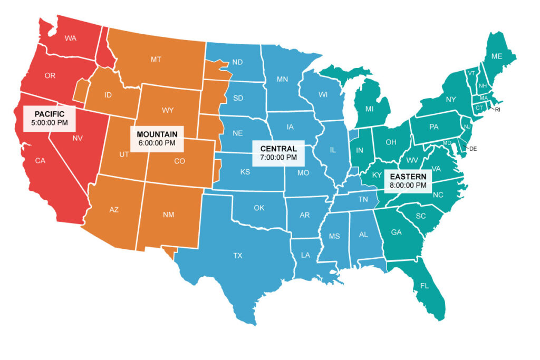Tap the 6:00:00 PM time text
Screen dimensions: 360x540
(157, 142)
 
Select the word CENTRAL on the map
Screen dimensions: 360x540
(278, 149)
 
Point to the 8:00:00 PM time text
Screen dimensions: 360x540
(408, 185)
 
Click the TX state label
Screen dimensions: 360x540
(238, 256)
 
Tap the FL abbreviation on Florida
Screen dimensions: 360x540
(425, 286)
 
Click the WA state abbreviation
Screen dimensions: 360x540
(71, 38)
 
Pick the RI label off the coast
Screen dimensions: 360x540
(497, 109)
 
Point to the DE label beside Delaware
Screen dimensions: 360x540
(473, 149)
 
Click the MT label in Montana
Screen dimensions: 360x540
(156, 60)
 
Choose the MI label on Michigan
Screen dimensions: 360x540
(371, 109)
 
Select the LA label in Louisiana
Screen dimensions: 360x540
(305, 255)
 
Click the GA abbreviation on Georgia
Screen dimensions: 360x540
(396, 231)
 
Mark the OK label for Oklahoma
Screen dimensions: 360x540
(259, 208)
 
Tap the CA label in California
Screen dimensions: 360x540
(40, 161)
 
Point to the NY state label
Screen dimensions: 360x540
(451, 99)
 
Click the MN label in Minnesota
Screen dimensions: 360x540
(282, 80)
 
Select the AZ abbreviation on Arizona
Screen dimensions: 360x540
(114, 210)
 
